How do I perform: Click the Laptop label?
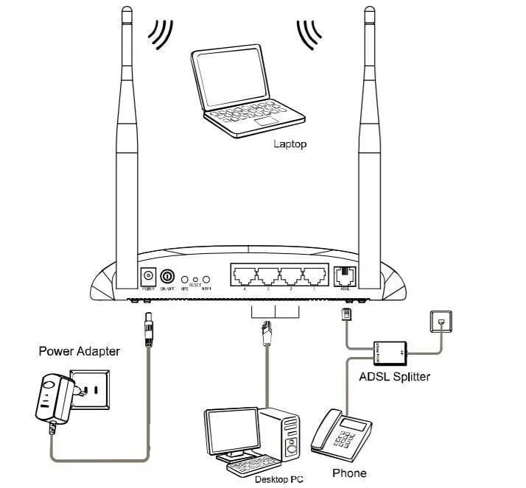pyautogui.click(x=290, y=144)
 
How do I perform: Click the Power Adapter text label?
pyautogui.click(x=79, y=352)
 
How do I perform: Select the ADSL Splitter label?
pyautogui.click(x=394, y=376)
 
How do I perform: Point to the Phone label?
pyautogui.click(x=348, y=473)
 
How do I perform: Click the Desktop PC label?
pyautogui.click(x=279, y=479)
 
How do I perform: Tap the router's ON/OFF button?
pyautogui.click(x=168, y=277)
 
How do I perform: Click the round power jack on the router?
pyautogui.click(x=148, y=277)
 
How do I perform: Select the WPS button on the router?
pyautogui.click(x=184, y=280)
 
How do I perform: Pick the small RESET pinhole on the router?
pyautogui.click(x=195, y=280)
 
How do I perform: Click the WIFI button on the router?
pyautogui.click(x=207, y=280)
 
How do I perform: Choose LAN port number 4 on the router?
pyautogui.click(x=243, y=277)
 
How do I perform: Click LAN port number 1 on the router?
pyautogui.click(x=315, y=277)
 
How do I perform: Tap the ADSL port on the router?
pyautogui.click(x=344, y=277)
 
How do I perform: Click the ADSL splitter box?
pyautogui.click(x=390, y=352)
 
